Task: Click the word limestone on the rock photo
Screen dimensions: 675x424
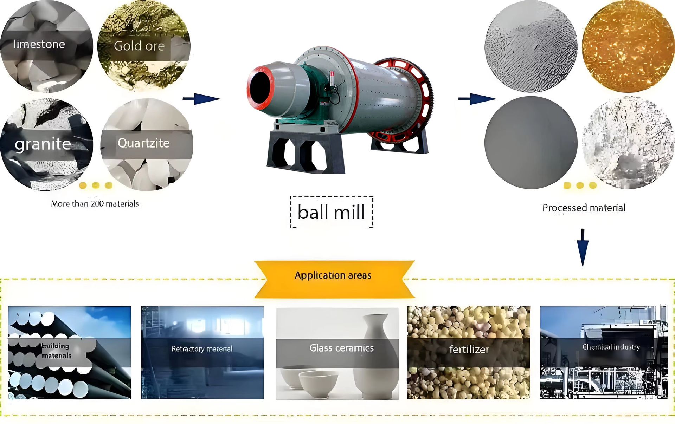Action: click(39, 44)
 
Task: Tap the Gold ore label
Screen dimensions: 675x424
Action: click(139, 46)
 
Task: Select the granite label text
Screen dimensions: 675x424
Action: click(43, 144)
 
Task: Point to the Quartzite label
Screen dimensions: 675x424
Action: click(143, 143)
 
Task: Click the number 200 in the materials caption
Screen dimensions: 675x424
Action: click(97, 204)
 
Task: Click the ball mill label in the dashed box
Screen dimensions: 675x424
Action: click(331, 212)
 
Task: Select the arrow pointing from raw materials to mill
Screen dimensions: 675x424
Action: click(202, 99)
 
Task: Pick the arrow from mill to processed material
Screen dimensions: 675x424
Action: click(477, 99)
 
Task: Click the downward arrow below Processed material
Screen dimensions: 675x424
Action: click(583, 248)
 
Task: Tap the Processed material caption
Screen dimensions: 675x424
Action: click(584, 208)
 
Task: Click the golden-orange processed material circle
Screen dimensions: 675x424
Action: click(628, 46)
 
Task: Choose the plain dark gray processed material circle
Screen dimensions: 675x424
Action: click(531, 143)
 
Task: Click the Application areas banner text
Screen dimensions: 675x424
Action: click(333, 275)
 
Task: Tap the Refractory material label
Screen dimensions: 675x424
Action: click(202, 349)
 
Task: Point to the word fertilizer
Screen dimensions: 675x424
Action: click(469, 350)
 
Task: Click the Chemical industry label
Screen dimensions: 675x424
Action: click(611, 347)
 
